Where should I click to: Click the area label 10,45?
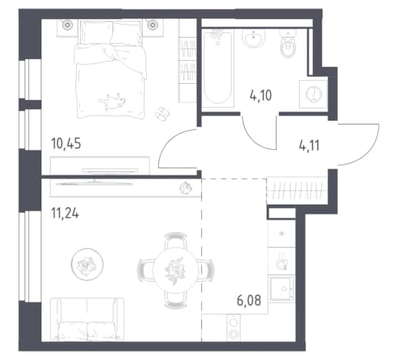point(66,143)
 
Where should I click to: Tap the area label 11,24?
point(65,213)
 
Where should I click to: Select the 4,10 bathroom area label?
point(260,95)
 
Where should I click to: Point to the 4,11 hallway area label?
point(309,146)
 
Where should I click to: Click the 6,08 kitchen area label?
point(249,300)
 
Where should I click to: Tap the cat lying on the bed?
point(112,102)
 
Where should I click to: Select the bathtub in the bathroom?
point(218,68)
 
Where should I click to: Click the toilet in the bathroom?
point(288,44)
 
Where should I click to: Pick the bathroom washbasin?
point(254,38)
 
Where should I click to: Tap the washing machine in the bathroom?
point(313,94)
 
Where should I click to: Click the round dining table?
point(176,271)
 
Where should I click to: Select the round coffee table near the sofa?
point(87,264)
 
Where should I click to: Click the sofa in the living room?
point(87,319)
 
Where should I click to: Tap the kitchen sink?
point(282,288)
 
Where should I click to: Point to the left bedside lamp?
point(68,25)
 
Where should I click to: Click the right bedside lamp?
point(152,25)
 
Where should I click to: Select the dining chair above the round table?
point(176,240)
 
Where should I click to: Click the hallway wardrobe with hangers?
point(297,191)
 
